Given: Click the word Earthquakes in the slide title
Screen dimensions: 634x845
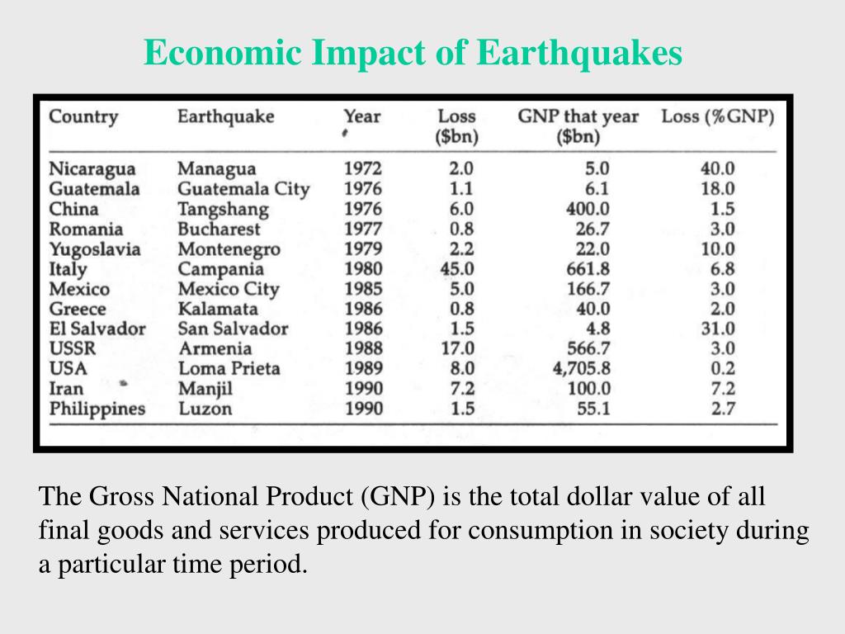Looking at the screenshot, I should pyautogui.click(x=580, y=54).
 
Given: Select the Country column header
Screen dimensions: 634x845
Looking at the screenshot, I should pyautogui.click(x=83, y=116).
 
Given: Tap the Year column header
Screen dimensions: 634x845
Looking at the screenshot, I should pyautogui.click(x=362, y=116).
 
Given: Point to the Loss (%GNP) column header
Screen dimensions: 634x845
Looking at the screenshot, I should pyautogui.click(x=718, y=116).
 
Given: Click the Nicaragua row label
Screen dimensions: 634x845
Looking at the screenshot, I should pyautogui.click(x=92, y=169).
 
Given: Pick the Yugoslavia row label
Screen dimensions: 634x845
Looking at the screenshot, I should pyautogui.click(x=95, y=249).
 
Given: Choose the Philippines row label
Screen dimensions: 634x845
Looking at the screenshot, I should pyautogui.click(x=97, y=409).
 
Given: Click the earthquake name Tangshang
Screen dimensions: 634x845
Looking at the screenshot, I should pyautogui.click(x=223, y=210).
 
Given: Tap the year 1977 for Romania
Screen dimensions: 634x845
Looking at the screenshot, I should pyautogui.click(x=363, y=229).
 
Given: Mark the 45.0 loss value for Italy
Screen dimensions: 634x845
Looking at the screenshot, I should pyautogui.click(x=457, y=269).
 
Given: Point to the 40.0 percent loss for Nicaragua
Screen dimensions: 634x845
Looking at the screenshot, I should pyautogui.click(x=717, y=169).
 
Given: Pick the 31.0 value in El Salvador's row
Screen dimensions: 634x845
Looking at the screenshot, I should pyautogui.click(x=717, y=329).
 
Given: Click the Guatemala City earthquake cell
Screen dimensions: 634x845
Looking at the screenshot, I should pyautogui.click(x=243, y=189).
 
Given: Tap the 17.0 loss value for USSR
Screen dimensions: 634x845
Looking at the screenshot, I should pyautogui.click(x=458, y=348).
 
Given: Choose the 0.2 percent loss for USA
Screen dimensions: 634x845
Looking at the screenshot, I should pyautogui.click(x=722, y=368).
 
